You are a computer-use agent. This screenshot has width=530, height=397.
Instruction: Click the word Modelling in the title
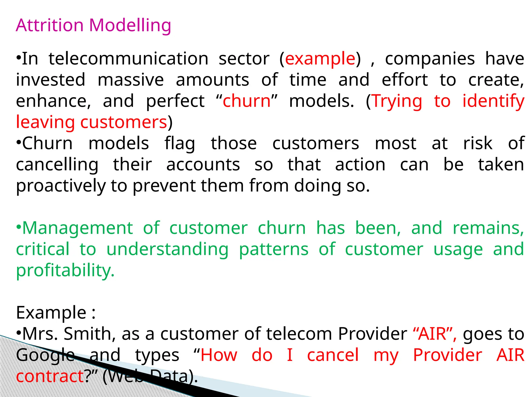[130, 26]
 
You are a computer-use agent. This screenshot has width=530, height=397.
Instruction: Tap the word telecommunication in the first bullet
[128, 59]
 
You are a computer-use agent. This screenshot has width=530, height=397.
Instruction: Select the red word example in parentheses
[320, 59]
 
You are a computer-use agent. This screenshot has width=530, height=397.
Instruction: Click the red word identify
[493, 101]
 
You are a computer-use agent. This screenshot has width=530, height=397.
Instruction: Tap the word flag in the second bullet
[180, 144]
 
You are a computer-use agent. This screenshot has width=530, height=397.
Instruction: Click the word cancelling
[57, 165]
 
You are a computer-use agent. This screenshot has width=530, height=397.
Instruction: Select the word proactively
[61, 186]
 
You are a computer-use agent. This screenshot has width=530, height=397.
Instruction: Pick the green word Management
[78, 228]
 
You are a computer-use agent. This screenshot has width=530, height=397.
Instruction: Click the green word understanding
[167, 250]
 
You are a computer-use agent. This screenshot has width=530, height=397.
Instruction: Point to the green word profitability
[65, 271]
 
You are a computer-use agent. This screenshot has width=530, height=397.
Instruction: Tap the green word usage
[458, 250]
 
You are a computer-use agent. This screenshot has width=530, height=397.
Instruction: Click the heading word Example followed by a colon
[51, 313]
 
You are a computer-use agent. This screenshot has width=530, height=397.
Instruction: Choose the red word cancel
[333, 355]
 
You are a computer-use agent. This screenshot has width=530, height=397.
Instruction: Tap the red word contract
[50, 376]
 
